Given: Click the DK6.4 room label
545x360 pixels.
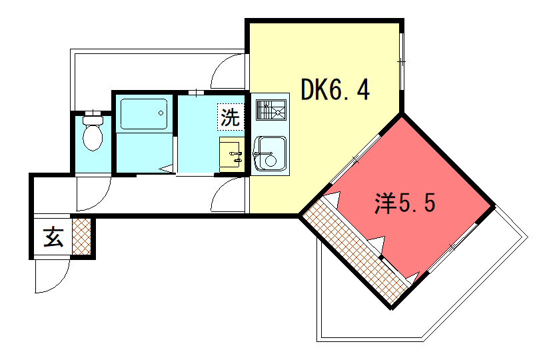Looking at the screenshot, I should (334, 90).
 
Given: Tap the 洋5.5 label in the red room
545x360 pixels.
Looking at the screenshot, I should (404, 203).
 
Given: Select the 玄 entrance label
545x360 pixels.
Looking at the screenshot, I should (53, 237).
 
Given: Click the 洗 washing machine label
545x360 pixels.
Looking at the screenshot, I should (230, 118).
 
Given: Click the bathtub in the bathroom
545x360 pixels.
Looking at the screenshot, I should (143, 115).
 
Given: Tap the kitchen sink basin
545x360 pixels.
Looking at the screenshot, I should (270, 153).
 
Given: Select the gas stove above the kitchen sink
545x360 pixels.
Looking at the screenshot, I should (271, 110).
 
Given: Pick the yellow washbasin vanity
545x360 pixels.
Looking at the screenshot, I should (231, 155).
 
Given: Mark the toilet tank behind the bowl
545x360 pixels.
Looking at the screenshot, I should (92, 121).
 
